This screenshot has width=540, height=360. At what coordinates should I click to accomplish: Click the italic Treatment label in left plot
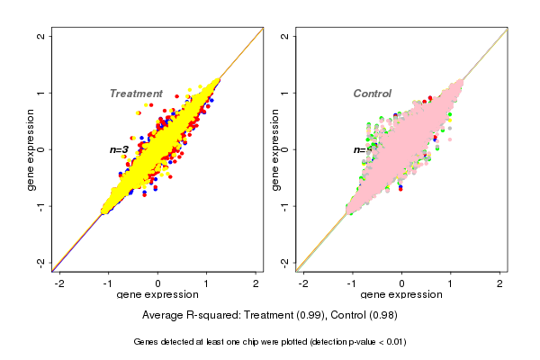point(136,94)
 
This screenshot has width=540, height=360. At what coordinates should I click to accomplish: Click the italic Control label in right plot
point(372,94)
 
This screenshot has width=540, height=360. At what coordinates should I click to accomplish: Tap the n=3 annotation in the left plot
point(120,149)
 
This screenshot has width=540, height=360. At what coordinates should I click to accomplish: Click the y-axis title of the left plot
point(31,149)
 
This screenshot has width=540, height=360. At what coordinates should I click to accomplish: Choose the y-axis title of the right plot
point(275,149)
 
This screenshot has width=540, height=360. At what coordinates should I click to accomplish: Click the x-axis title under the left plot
point(157,295)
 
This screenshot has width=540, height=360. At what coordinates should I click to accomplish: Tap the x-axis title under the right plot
point(401,295)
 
